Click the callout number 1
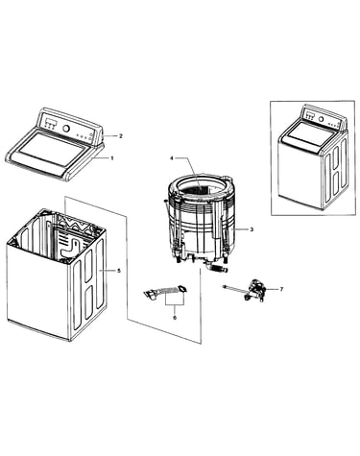click(x=112, y=158)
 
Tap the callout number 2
click(x=121, y=136)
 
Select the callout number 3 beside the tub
click(x=252, y=229)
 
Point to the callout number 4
click(x=172, y=158)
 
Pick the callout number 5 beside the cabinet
click(x=119, y=271)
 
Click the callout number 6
click(x=175, y=318)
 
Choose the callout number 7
click(x=281, y=289)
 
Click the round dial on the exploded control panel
click(x=65, y=129)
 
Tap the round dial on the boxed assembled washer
click(x=321, y=120)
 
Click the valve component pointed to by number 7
click(x=254, y=291)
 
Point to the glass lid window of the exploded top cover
click(x=50, y=149)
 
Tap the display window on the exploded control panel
click(x=49, y=122)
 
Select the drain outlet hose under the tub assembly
click(x=218, y=268)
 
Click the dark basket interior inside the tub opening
click(x=195, y=190)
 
